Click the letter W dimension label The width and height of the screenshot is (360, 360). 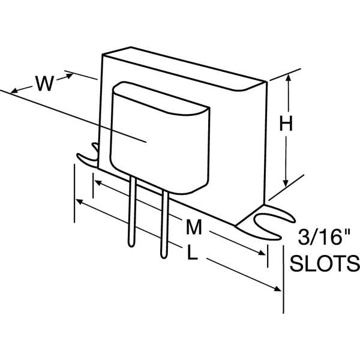[x=44, y=83]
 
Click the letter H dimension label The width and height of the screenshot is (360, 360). [x=286, y=123]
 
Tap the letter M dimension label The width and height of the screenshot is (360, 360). [x=194, y=227]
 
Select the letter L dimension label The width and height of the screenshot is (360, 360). [x=193, y=252]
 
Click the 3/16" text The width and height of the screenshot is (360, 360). [x=324, y=237]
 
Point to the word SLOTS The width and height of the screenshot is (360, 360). [x=325, y=263]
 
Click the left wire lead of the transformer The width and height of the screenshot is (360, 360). [x=132, y=211]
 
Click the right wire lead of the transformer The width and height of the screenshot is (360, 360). [x=164, y=224]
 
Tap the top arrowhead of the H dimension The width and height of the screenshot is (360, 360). [x=289, y=77]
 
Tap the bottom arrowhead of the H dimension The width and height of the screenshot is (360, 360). [x=286, y=183]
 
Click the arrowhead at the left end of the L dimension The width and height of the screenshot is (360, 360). [x=79, y=202]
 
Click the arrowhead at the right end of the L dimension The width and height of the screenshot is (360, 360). [x=277, y=289]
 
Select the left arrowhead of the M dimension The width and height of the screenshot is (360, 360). [x=98, y=183]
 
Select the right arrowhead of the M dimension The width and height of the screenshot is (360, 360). [x=262, y=253]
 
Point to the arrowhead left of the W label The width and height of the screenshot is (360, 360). [x=14, y=91]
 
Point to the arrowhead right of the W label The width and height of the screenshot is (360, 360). [x=70, y=76]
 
